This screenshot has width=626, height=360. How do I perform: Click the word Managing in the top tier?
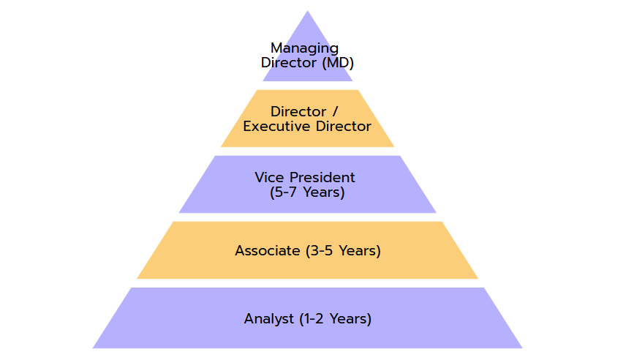tap(305, 49)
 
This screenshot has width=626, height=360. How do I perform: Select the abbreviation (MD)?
tap(338, 63)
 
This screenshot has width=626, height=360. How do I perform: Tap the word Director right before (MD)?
tap(289, 63)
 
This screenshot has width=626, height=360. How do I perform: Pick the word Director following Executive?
tap(343, 127)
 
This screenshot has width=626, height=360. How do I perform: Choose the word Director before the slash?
tap(298, 111)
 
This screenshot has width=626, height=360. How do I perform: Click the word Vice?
tap(269, 177)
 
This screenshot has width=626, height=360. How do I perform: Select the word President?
tap(323, 177)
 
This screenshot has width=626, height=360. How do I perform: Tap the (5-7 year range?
tap(283, 192)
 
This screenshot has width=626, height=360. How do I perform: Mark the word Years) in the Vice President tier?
tap(324, 192)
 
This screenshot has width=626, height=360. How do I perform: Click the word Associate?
tap(268, 250)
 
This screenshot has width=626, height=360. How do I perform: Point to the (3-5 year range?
tap(320, 250)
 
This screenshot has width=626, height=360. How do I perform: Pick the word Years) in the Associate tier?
tap(360, 250)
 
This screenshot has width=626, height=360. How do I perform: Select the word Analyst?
tap(269, 319)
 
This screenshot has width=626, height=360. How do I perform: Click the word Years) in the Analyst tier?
tap(350, 319)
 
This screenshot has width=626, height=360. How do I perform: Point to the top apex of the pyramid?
tap(307, 11)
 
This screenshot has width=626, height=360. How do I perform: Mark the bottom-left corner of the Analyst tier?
tap(93, 348)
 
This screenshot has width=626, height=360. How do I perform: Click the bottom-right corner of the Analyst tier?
tap(522, 348)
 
